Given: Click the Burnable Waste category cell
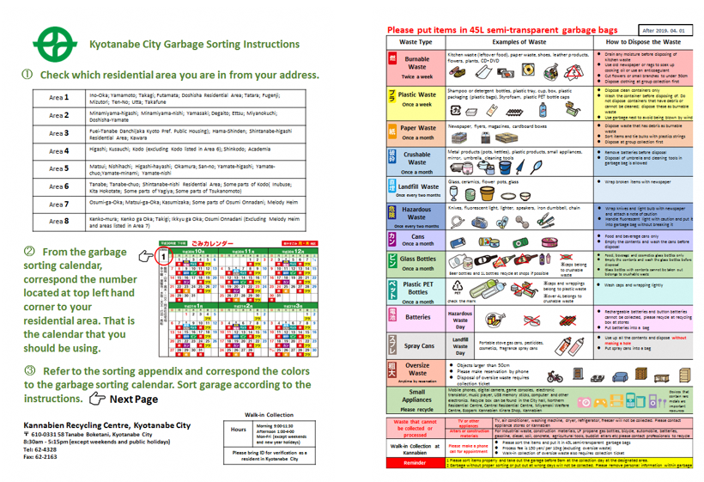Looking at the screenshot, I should (x=417, y=66).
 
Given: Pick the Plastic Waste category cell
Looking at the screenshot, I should (x=417, y=99).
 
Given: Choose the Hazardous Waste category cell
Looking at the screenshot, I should (x=417, y=217).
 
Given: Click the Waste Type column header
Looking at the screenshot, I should (x=416, y=41).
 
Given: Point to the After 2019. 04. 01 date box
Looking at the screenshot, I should (x=665, y=29).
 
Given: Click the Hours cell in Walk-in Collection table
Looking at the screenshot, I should (x=239, y=429).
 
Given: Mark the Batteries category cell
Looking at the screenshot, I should (x=417, y=316).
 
